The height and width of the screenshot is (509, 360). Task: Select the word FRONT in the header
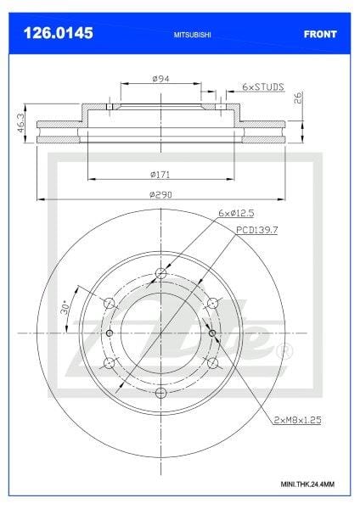click(320, 34)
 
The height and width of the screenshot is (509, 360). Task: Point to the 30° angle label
click(65, 309)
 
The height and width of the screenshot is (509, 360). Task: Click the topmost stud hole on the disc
click(161, 273)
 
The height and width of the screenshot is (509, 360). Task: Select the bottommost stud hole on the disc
click(161, 392)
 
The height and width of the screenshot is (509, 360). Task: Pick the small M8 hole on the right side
click(211, 333)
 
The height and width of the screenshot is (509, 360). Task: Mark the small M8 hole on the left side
click(110, 333)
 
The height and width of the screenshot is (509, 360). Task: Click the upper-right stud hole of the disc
click(213, 303)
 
